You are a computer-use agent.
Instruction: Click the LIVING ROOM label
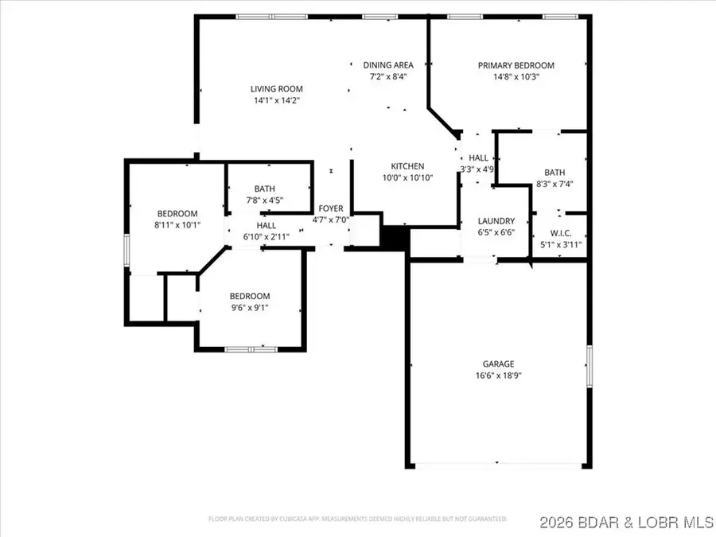tap(277, 89)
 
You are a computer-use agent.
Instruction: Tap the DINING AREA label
tap(388, 65)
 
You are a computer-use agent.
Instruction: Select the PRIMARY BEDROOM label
tap(516, 65)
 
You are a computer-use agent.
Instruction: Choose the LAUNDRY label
tap(496, 221)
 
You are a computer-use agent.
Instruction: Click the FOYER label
tap(331, 208)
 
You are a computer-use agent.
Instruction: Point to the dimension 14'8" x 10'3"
tap(516, 77)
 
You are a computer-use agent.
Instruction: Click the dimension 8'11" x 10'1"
tap(177, 225)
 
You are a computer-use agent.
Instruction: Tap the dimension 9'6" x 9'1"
tap(250, 308)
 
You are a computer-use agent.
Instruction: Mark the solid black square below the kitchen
tap(394, 238)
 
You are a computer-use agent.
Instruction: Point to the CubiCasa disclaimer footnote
tap(357, 519)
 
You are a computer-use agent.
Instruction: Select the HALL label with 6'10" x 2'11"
tap(266, 225)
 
